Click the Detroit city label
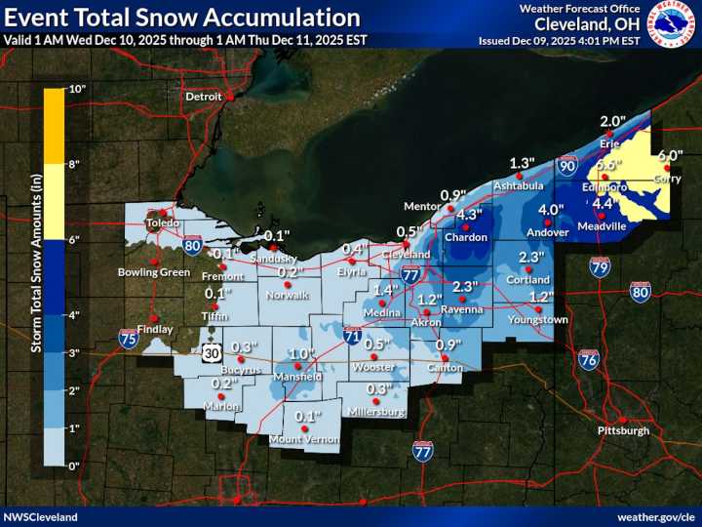(x=204, y=97)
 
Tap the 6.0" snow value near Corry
(x=670, y=155)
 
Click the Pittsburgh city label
(x=622, y=430)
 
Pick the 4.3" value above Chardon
(x=470, y=215)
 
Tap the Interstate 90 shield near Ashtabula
(x=567, y=167)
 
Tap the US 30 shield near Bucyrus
(x=212, y=353)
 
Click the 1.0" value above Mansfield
(x=302, y=353)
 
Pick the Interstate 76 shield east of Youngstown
(x=588, y=359)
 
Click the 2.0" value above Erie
(x=612, y=122)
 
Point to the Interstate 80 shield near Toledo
(x=194, y=245)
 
